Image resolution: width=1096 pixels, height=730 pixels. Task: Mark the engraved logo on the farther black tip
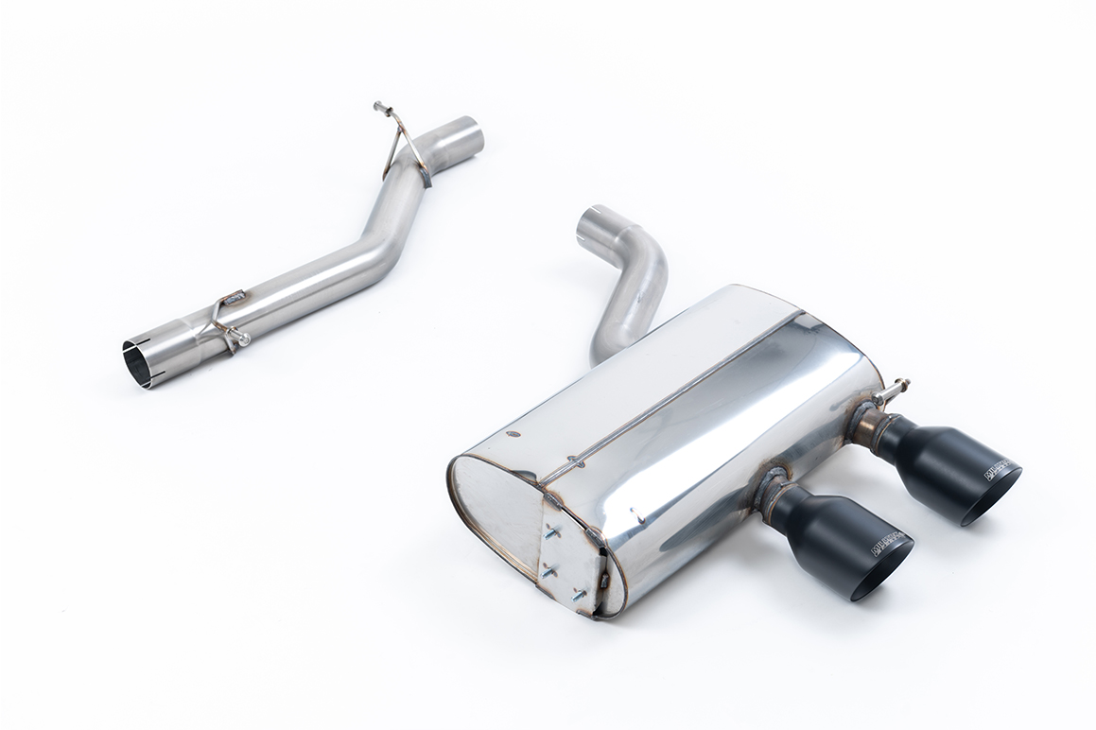997,469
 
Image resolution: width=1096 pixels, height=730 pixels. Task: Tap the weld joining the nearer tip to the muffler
768,494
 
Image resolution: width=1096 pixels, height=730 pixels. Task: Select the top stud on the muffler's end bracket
551,532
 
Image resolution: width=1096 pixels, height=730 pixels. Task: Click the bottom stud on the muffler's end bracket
578,595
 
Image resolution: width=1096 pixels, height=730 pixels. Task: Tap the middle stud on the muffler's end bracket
548,568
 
